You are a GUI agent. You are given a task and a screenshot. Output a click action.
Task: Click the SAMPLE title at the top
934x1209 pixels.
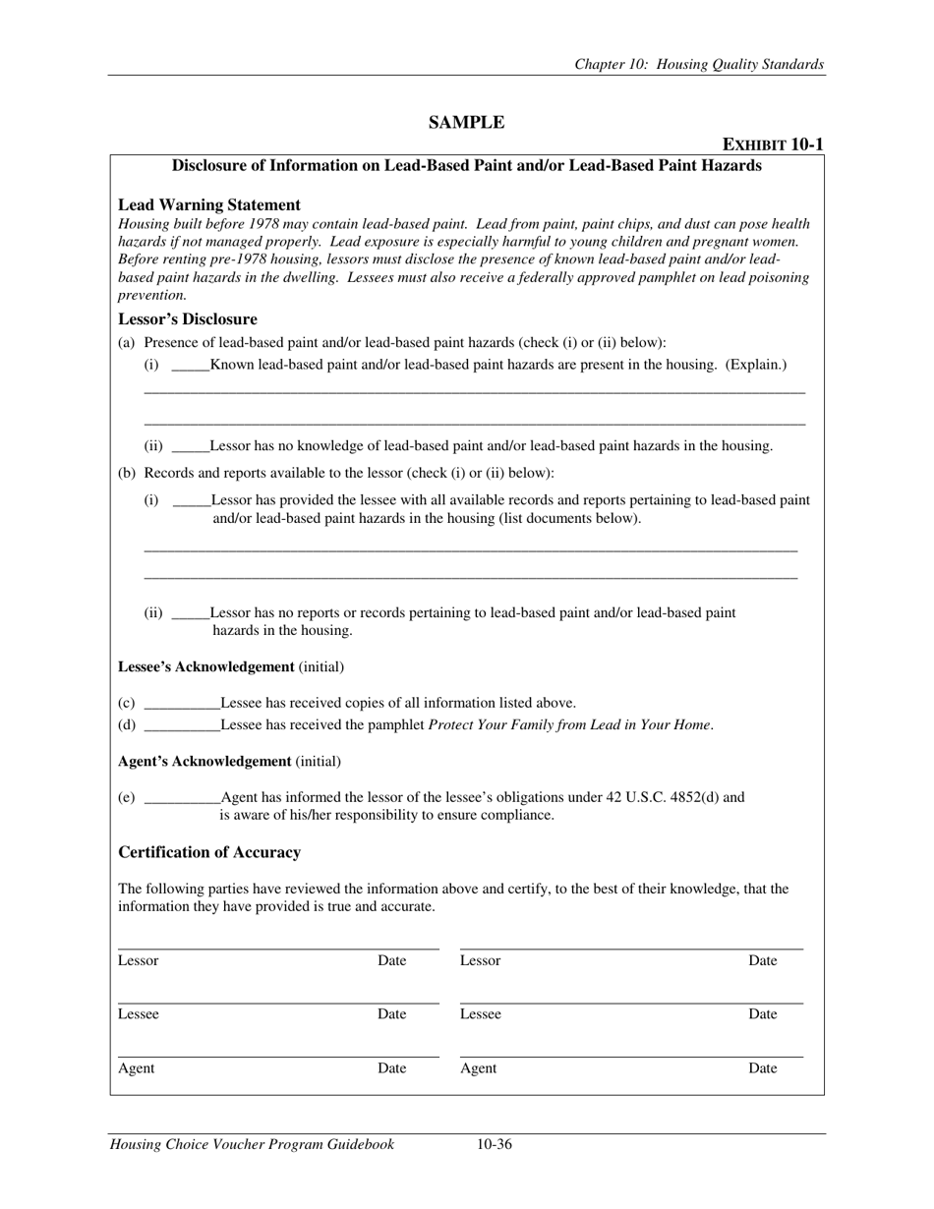pyautogui.click(x=466, y=123)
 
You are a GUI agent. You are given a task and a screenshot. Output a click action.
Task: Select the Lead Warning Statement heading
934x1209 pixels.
pyautogui.click(x=208, y=204)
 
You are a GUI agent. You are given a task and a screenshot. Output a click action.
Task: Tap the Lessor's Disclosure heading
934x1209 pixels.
pyautogui.click(x=187, y=319)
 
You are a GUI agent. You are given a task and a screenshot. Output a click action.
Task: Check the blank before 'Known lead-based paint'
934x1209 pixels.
pyautogui.click(x=191, y=367)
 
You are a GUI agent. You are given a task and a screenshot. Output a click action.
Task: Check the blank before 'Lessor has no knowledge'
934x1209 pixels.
pyautogui.click(x=191, y=447)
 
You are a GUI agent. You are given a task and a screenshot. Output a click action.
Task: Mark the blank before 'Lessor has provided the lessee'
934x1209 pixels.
pyautogui.click(x=192, y=501)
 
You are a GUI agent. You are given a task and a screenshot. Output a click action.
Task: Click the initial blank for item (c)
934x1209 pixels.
pyautogui.click(x=182, y=704)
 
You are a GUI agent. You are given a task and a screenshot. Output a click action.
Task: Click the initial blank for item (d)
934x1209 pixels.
pyautogui.click(x=182, y=726)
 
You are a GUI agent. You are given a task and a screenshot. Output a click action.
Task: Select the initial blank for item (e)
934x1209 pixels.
pyautogui.click(x=182, y=799)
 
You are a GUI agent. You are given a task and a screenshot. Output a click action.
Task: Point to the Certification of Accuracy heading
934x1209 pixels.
pyautogui.click(x=208, y=852)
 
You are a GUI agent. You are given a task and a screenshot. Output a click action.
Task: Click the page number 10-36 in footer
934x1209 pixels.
pyautogui.click(x=494, y=1144)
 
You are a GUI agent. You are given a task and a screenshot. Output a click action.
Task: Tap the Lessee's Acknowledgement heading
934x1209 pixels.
pyautogui.click(x=205, y=667)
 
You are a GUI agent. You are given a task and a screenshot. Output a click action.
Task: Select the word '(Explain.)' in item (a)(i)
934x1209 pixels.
pyautogui.click(x=756, y=365)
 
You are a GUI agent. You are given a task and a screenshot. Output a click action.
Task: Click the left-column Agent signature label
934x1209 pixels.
pyautogui.click(x=136, y=1068)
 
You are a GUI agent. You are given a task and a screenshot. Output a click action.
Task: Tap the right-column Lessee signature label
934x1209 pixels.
pyautogui.click(x=480, y=1014)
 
